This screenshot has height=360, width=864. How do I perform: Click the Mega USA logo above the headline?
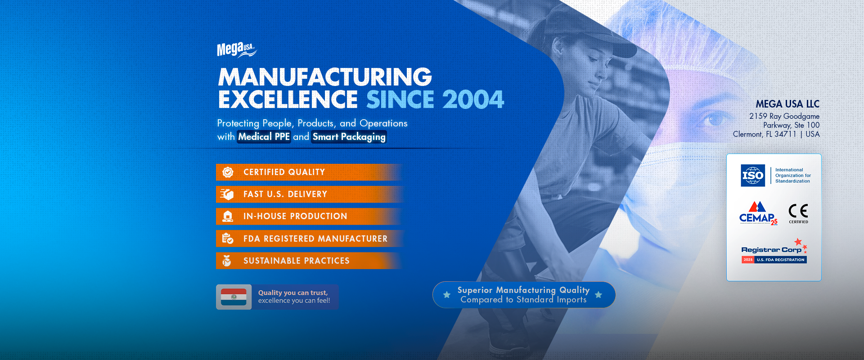(237, 49)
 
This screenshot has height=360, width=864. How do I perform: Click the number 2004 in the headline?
(473, 99)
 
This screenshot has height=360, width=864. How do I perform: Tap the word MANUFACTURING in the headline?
(325, 77)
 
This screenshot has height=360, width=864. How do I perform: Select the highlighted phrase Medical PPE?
(264, 137)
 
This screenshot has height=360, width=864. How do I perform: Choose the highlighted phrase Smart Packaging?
(349, 137)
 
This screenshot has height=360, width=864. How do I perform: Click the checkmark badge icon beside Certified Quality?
(228, 172)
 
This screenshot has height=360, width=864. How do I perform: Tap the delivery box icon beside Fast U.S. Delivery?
(227, 194)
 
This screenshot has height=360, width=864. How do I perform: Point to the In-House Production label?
(295, 216)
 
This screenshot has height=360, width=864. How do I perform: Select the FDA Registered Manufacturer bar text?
(315, 238)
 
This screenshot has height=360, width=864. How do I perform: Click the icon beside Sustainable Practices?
(227, 261)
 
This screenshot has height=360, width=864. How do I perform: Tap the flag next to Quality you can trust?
(234, 297)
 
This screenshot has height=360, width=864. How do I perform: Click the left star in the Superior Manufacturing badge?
(447, 295)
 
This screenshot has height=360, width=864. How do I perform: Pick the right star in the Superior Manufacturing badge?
(598, 295)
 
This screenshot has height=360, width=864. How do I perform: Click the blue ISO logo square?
(753, 175)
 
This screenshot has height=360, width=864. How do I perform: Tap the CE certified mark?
(798, 213)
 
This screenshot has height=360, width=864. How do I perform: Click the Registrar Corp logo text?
(771, 250)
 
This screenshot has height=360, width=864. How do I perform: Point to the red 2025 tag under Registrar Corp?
(748, 260)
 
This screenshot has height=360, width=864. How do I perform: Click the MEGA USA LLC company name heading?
(787, 104)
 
